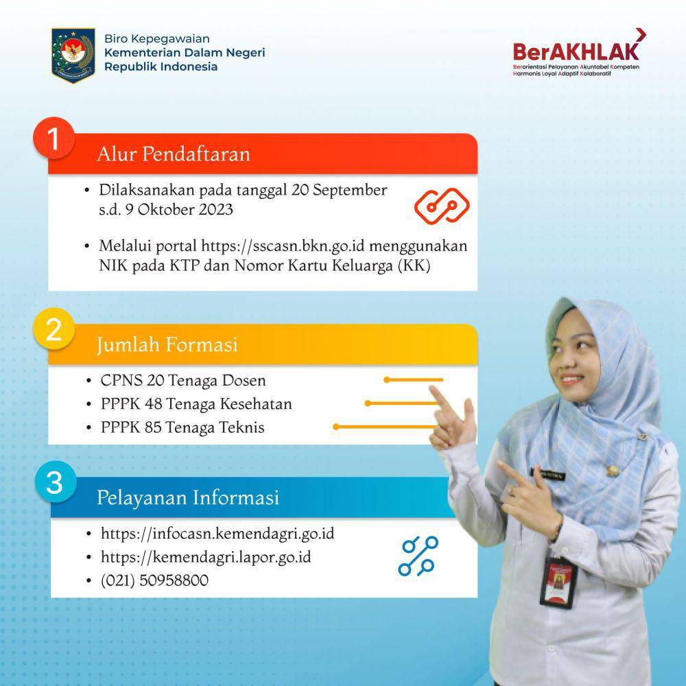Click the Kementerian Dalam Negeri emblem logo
click(73, 55)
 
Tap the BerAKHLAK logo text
click(576, 51)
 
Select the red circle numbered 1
click(54, 139)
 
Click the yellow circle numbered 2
click(54, 329)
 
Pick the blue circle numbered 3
click(56, 482)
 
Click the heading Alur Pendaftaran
click(174, 154)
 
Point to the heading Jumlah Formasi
click(167, 345)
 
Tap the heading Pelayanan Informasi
click(188, 498)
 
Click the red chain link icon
click(442, 206)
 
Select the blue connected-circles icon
click(418, 556)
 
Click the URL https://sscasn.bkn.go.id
click(283, 246)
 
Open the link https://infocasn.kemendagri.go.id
click(217, 534)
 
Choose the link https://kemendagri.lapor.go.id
click(206, 557)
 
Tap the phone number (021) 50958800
click(154, 580)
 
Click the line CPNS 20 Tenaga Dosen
click(183, 381)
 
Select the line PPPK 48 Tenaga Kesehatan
click(196, 404)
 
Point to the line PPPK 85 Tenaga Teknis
click(182, 427)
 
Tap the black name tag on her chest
click(548, 474)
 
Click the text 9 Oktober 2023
click(179, 209)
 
